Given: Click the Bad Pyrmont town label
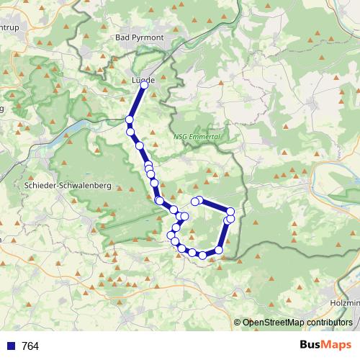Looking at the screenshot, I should point(140,37).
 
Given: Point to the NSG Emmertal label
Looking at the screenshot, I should point(196,137).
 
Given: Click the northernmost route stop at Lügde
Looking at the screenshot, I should point(144,85).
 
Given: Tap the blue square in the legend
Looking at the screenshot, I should point(11,346).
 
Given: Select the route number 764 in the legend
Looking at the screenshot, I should point(30,346).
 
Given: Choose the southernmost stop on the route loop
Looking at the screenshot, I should point(202,255).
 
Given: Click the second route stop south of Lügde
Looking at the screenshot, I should point(130,132).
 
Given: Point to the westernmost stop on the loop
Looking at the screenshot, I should point(171,235).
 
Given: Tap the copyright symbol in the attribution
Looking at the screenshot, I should point(238,323).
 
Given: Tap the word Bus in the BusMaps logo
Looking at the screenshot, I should point(310,344).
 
